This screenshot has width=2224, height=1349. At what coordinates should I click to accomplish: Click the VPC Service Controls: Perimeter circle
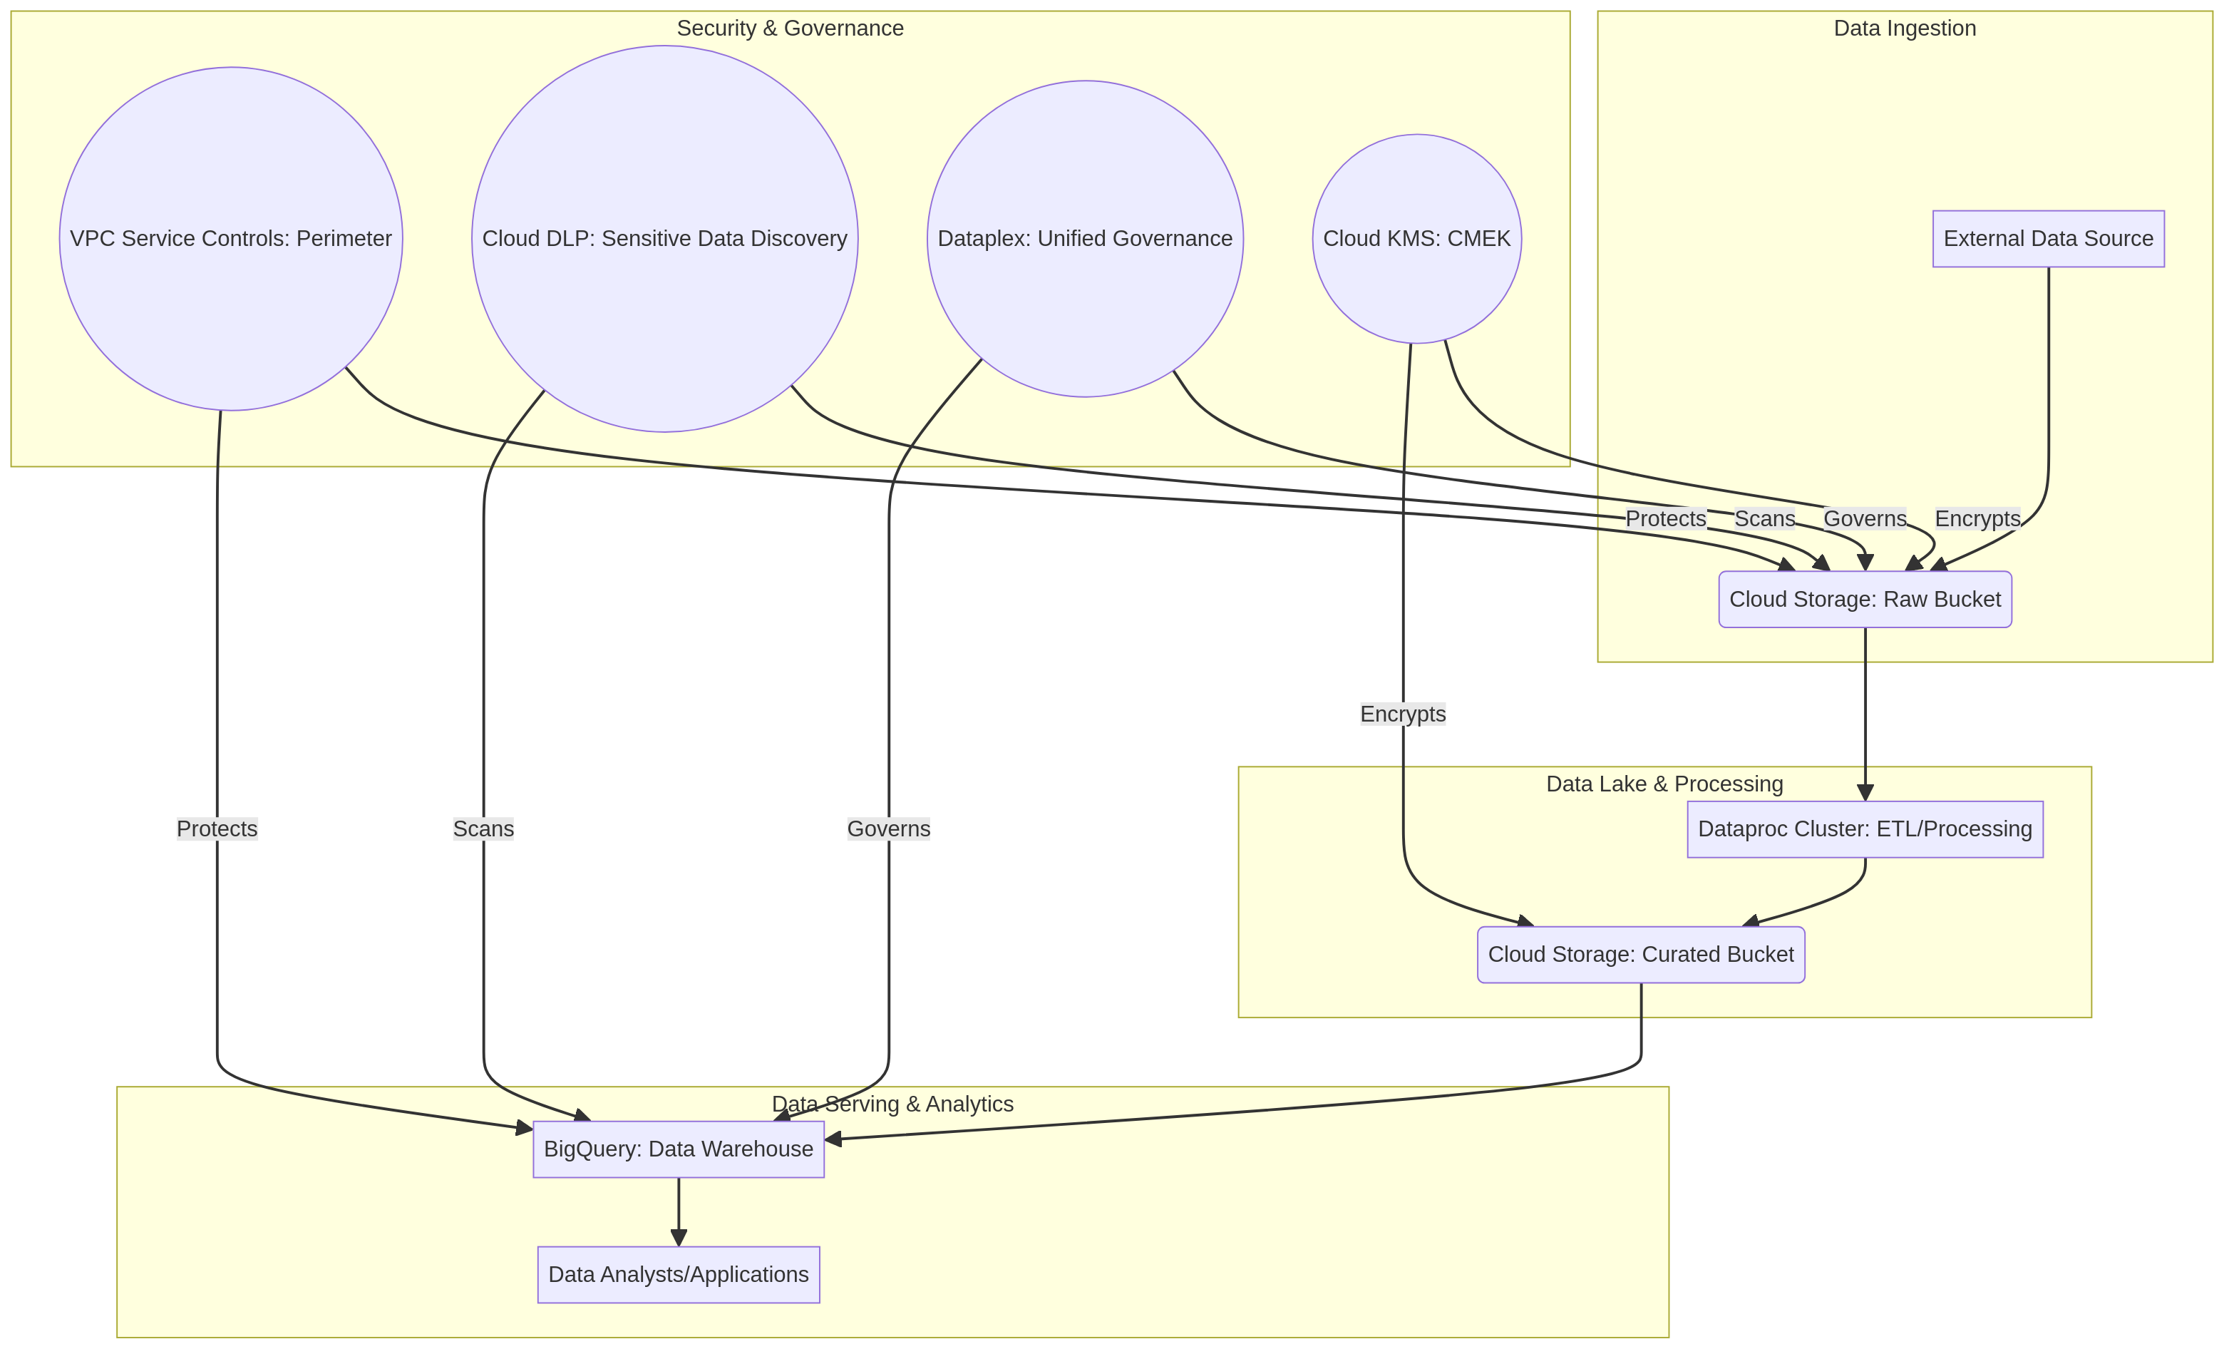[x=231, y=238]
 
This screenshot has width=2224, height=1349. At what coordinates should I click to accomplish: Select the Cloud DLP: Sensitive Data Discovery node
[x=665, y=238]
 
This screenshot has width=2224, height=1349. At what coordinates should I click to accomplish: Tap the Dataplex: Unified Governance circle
[x=1085, y=238]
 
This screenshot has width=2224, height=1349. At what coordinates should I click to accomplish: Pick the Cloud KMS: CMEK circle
[x=1417, y=238]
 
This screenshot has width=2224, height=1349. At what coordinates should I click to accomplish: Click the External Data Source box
[x=2049, y=238]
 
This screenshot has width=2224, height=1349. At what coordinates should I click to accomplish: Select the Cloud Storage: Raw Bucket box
[x=1865, y=599]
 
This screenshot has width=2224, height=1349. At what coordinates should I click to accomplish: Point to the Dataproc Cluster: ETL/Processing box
[x=1865, y=829]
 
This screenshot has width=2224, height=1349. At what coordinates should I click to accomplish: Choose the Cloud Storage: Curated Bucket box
[x=1641, y=955]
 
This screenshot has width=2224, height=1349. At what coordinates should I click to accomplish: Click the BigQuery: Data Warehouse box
[x=679, y=1149]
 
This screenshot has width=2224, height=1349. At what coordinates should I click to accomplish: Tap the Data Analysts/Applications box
[x=679, y=1274]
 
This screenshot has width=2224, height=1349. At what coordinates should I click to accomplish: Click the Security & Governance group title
[x=791, y=28]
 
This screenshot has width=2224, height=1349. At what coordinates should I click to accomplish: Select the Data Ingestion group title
[x=1905, y=28]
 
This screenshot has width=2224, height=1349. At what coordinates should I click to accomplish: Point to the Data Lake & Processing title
[x=1665, y=784]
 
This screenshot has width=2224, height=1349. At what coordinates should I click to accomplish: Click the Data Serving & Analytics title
[x=892, y=1104]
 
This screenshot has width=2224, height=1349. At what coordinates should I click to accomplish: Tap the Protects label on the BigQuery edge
[x=217, y=829]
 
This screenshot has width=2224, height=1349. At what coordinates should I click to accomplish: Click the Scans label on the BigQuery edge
[x=484, y=829]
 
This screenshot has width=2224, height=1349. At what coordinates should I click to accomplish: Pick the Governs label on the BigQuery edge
[x=889, y=829]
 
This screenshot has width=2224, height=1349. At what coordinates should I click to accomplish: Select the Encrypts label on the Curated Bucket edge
[x=1404, y=714]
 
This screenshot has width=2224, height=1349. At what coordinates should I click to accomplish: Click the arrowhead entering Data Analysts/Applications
[x=679, y=1238]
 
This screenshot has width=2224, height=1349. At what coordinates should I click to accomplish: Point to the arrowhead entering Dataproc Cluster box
[x=1865, y=793]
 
